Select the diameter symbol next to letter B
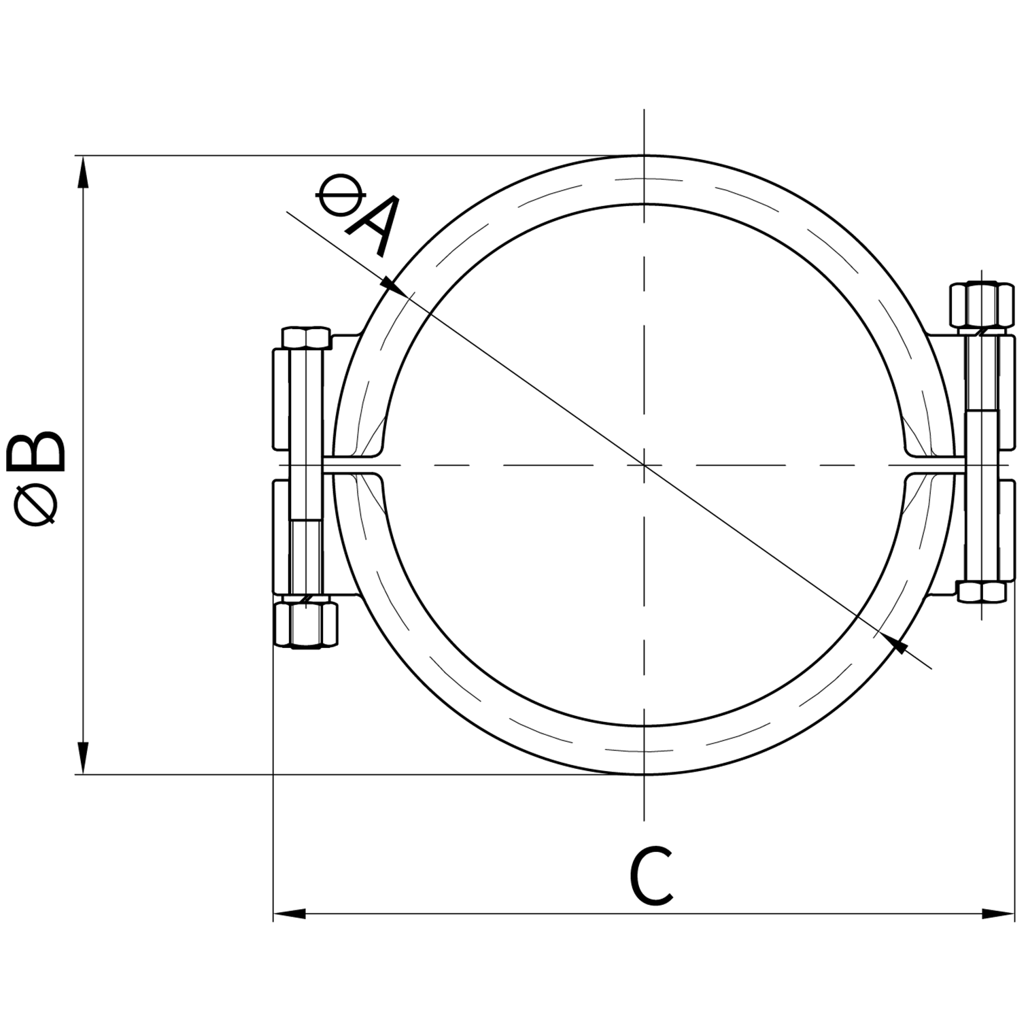[x=37, y=506]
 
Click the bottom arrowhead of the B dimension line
[x=83, y=758]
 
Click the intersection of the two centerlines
[x=644, y=465]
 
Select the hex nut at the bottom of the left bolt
[x=305, y=623]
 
